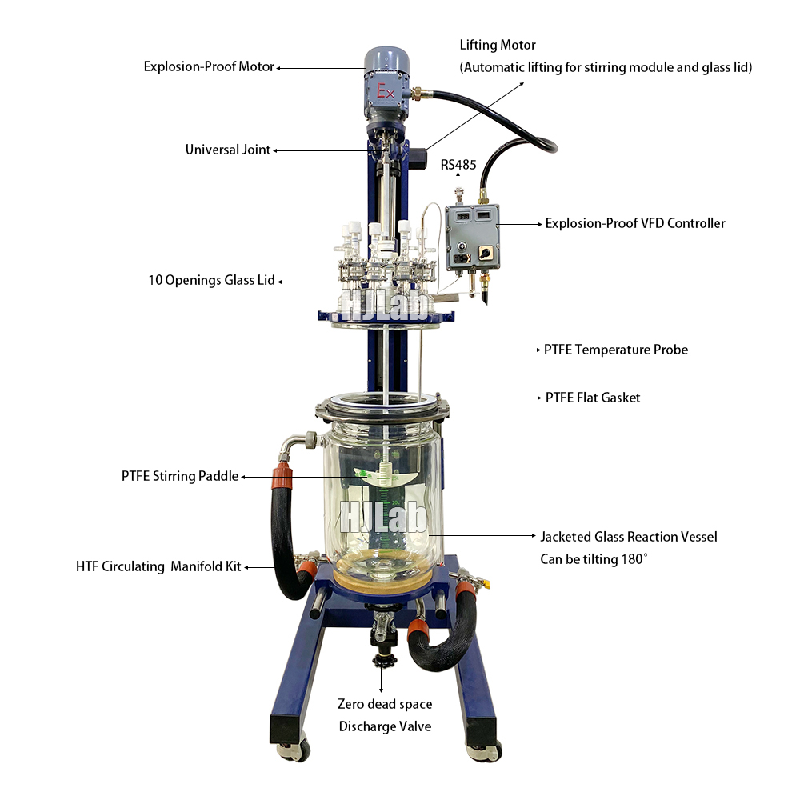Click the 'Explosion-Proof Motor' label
coord(209,66)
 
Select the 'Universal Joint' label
coord(228,150)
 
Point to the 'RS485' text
coord(458,166)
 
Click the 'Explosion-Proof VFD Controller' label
coord(635,223)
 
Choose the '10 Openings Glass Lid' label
coord(211,280)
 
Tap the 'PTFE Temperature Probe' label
coord(616,350)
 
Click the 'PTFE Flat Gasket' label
coord(593,398)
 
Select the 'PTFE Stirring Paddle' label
coord(180,476)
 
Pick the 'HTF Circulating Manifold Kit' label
coord(158,567)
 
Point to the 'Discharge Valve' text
coord(385,726)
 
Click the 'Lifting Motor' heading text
coord(498,46)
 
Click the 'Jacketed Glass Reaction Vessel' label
coord(629,537)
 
